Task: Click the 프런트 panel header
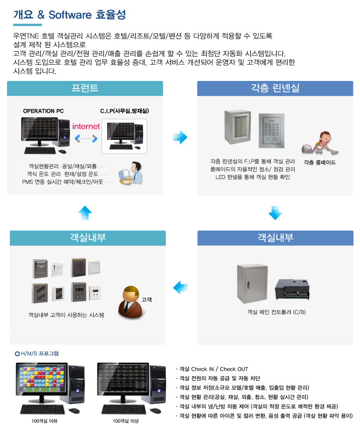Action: tap(85, 88)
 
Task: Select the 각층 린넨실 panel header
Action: tap(275, 88)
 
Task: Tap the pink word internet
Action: tap(86, 126)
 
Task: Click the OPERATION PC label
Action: tap(43, 111)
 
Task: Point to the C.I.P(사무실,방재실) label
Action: tap(125, 111)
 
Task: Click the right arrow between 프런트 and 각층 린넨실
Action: tap(180, 137)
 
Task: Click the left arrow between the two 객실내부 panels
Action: tap(180, 288)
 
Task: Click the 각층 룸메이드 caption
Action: tap(320, 163)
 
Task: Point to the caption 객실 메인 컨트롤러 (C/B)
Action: tap(276, 312)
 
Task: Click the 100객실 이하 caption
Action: tap(44, 421)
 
